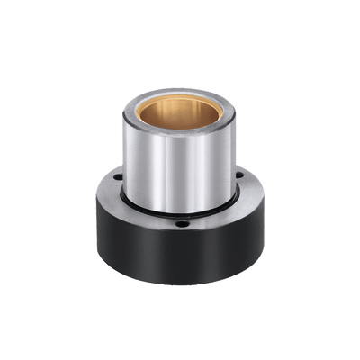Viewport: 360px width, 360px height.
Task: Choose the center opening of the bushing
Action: click(179, 112)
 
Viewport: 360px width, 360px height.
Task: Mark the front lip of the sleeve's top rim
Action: click(180, 132)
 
